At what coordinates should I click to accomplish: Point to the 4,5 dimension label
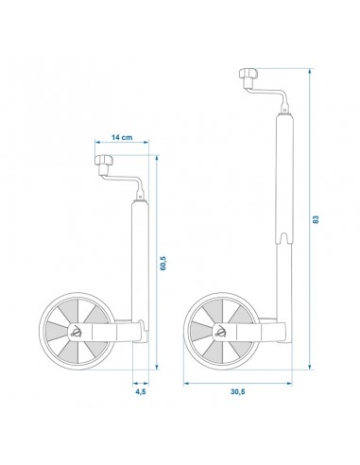coord(140,391)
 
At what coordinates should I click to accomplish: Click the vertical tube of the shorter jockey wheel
coord(139,255)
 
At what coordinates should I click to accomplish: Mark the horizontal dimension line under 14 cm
coord(123,148)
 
